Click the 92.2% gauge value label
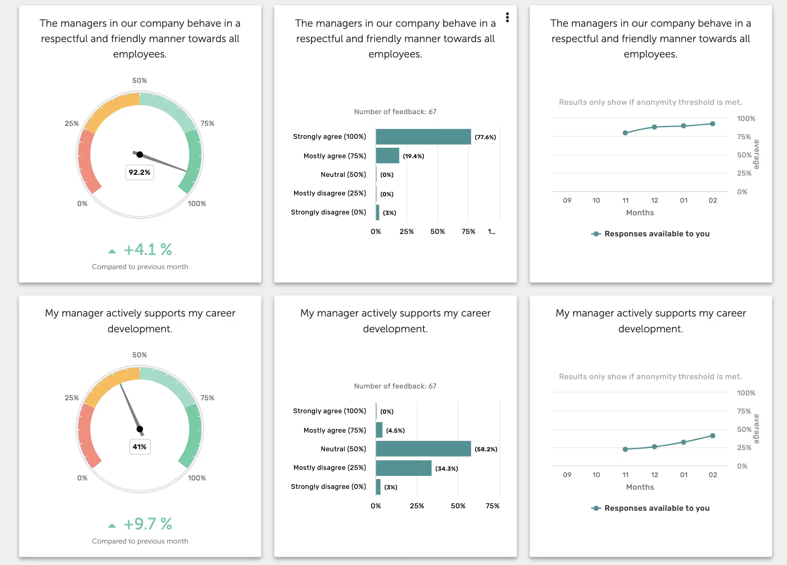click(x=140, y=172)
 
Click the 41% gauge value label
click(x=140, y=447)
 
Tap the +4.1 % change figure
click(x=148, y=250)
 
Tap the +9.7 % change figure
click(x=148, y=524)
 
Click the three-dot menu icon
click(x=507, y=17)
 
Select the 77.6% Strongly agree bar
click(x=423, y=137)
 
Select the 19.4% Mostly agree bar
click(x=387, y=156)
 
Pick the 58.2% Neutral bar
click(x=423, y=449)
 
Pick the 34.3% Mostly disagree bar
click(x=403, y=468)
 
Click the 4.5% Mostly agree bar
click(x=379, y=430)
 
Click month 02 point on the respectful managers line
click(x=713, y=124)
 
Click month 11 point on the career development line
click(x=625, y=449)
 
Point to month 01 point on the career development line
click(x=683, y=442)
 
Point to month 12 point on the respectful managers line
click(x=654, y=127)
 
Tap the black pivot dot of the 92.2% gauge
click(x=140, y=155)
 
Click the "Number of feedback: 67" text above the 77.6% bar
click(x=395, y=112)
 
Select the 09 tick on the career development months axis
click(x=567, y=475)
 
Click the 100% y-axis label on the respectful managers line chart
click(x=746, y=119)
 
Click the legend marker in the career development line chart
click(x=596, y=508)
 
